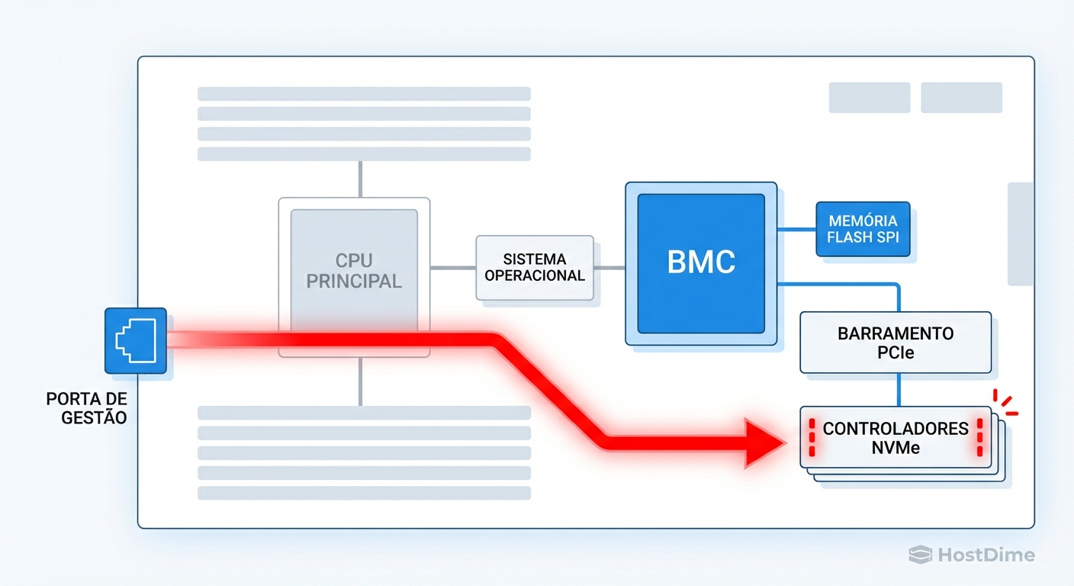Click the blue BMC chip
[x=701, y=263]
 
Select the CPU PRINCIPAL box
[x=354, y=270]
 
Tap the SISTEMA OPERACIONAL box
[x=535, y=268]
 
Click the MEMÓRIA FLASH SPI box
[x=863, y=229]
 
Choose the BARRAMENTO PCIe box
[x=896, y=343]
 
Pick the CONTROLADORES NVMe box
[x=896, y=438]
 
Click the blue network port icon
[x=135, y=340]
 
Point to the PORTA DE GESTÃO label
[x=86, y=408]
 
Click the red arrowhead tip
[x=781, y=443]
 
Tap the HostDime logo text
[x=985, y=555]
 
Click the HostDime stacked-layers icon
[x=920, y=555]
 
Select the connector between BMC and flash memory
[x=796, y=229]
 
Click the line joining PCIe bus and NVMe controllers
[x=900, y=389]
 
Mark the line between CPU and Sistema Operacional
[x=453, y=268]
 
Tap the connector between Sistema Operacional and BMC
[x=609, y=268]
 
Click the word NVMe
[x=896, y=448]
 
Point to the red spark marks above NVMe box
[x=1005, y=402]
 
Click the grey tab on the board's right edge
[x=1021, y=233]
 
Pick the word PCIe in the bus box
[x=896, y=353]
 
